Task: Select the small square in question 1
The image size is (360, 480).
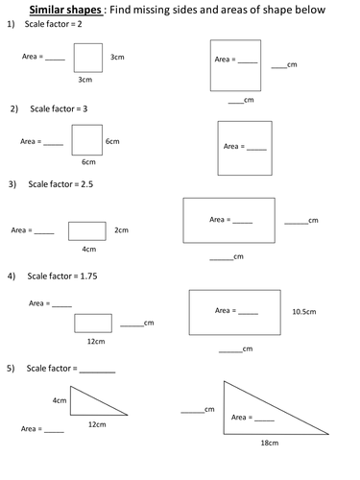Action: [89, 57]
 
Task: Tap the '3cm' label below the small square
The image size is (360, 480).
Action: [85, 80]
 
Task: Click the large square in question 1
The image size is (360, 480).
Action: [235, 64]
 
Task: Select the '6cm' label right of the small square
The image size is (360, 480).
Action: [112, 141]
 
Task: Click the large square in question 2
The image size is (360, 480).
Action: [245, 148]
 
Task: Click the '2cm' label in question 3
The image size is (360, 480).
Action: [121, 229]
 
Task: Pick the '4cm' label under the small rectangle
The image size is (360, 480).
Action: [88, 249]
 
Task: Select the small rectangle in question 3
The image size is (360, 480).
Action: [87, 229]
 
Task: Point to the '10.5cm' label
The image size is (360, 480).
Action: [304, 312]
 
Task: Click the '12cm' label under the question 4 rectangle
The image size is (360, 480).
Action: [95, 341]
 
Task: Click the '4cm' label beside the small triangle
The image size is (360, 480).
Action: [60, 399]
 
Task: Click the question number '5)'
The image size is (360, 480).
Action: [11, 368]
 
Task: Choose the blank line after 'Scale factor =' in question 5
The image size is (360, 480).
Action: [97, 371]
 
